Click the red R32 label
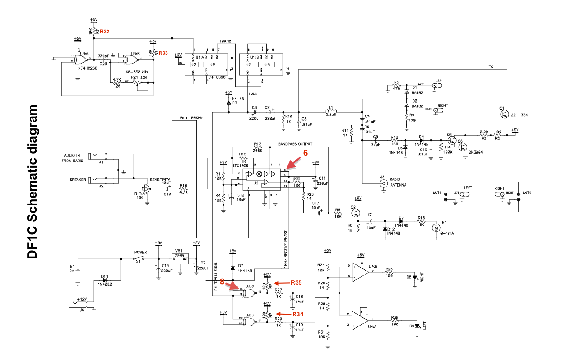[104, 32]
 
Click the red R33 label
[163, 53]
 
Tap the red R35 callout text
[296, 282]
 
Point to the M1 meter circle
[436, 227]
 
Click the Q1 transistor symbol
[504, 114]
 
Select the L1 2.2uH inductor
[330, 111]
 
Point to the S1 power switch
[140, 259]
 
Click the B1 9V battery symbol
[78, 269]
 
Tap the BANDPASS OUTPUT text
[295, 144]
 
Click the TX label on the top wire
[491, 67]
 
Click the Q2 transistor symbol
[356, 213]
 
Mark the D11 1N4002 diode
[105, 280]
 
